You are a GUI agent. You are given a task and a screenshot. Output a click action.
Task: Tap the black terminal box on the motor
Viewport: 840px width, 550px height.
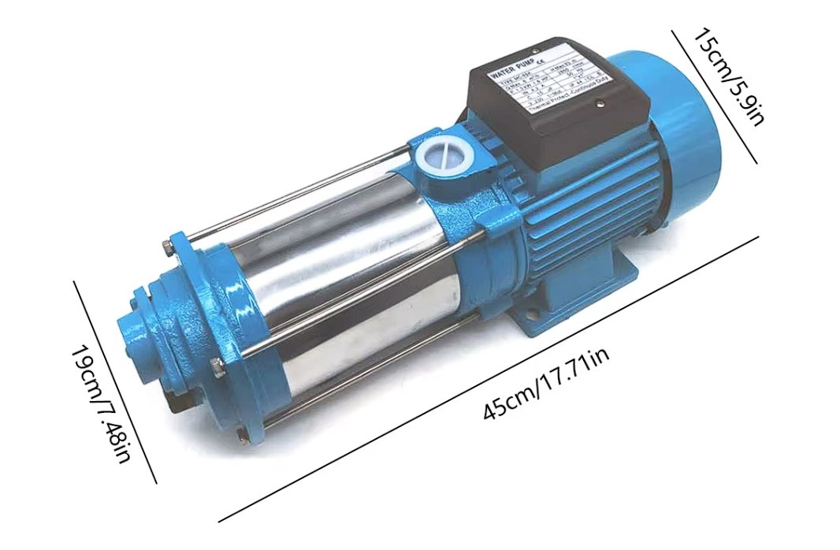point(560,118)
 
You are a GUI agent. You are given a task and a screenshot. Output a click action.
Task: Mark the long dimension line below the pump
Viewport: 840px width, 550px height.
point(489,378)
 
